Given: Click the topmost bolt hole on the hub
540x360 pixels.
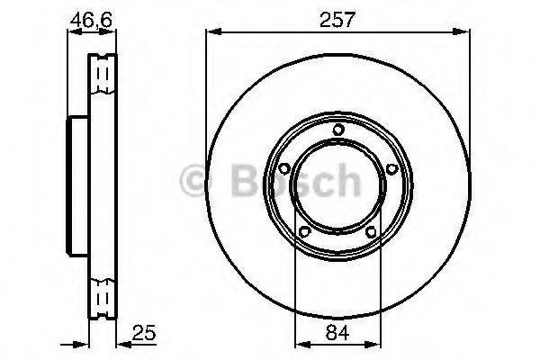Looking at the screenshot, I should click(x=337, y=130).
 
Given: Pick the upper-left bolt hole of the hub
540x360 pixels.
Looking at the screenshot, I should click(x=284, y=168).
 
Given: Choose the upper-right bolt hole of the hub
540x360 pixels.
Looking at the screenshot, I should click(x=391, y=168).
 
